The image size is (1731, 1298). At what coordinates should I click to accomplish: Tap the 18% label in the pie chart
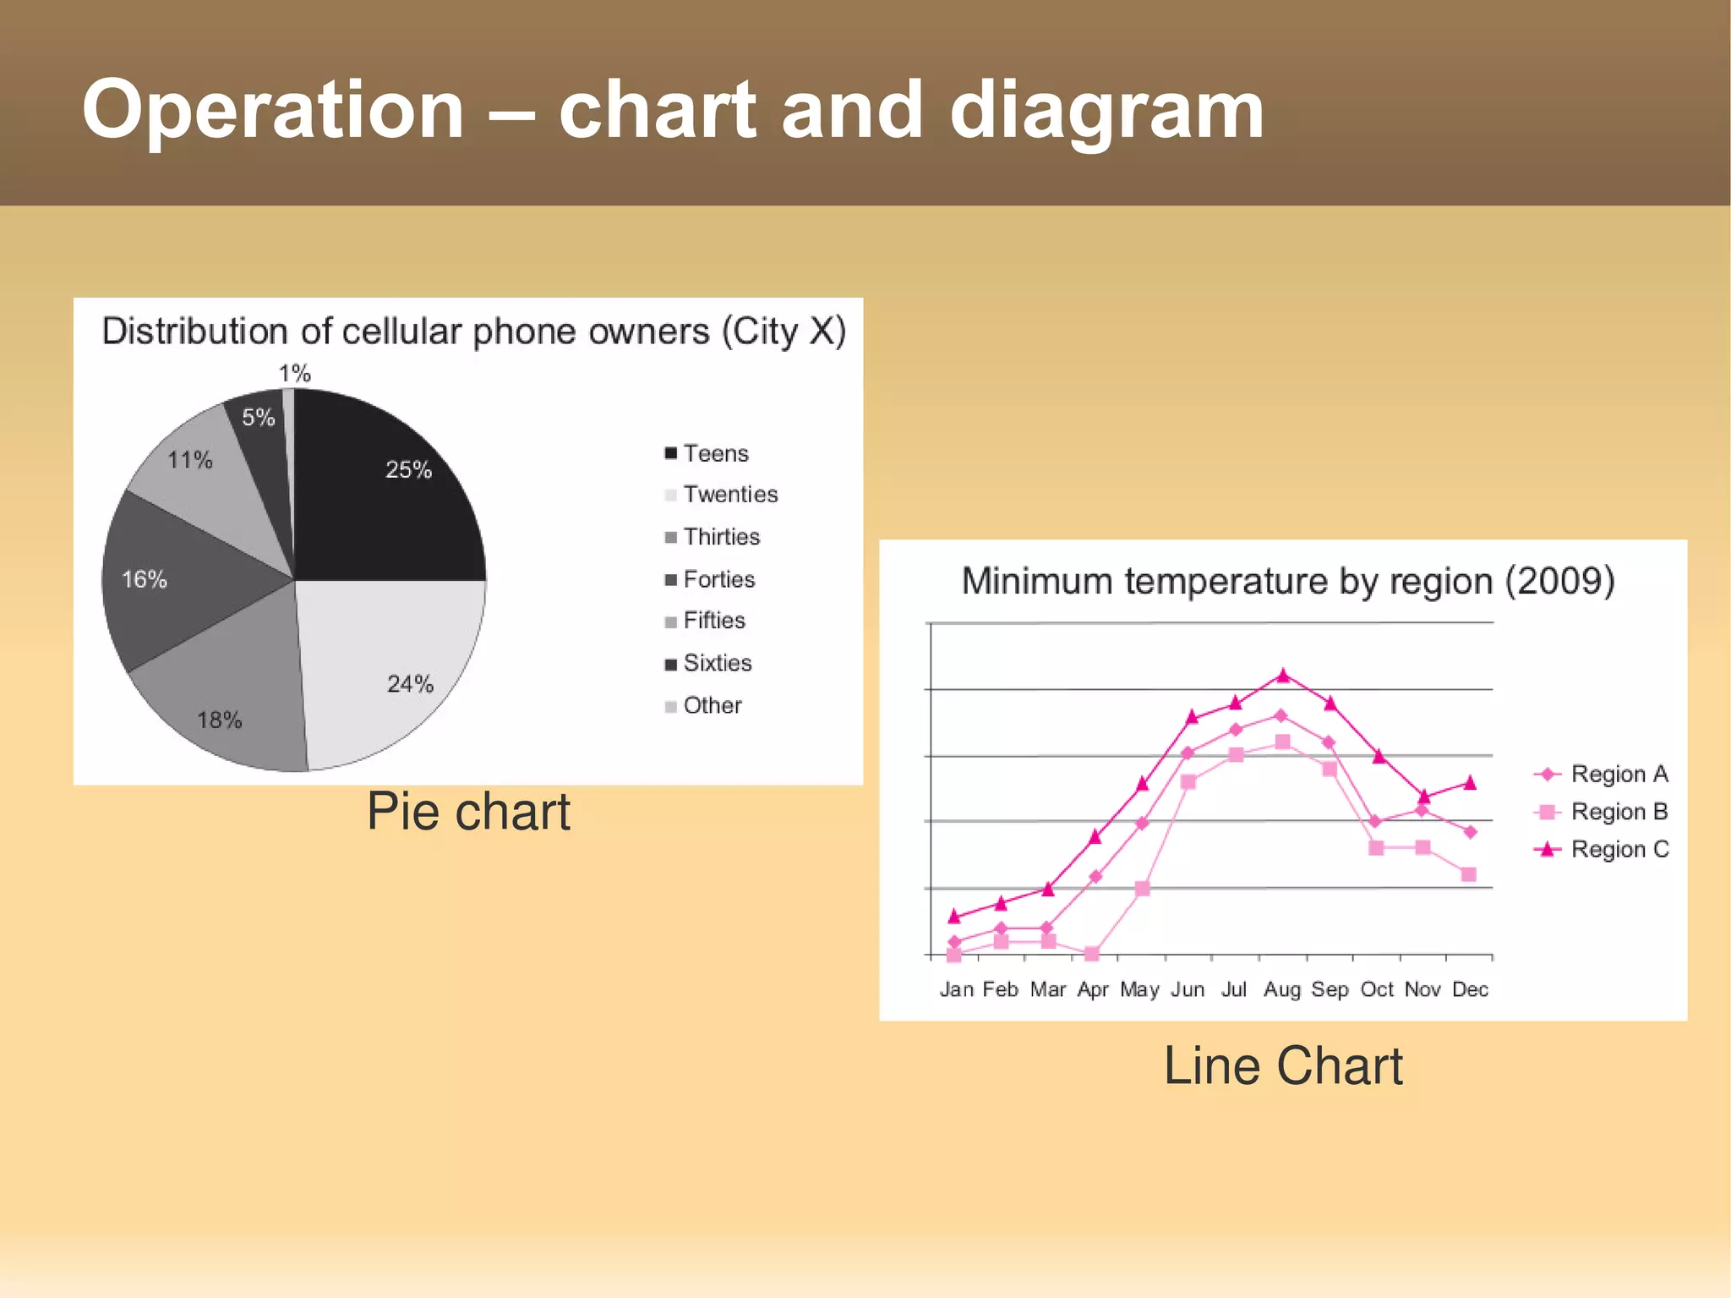[220, 720]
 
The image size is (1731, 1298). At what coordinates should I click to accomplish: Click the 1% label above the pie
[295, 373]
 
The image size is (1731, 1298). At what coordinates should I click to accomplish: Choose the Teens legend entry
[707, 453]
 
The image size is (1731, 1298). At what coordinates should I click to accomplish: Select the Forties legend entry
[710, 579]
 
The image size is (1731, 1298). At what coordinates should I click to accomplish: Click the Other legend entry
[703, 705]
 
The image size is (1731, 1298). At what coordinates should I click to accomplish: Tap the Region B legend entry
[1602, 812]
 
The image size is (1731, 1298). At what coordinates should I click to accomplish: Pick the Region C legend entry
[1602, 849]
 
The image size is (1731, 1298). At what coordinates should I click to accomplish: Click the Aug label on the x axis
[1282, 989]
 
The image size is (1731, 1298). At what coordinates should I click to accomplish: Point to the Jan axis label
[957, 989]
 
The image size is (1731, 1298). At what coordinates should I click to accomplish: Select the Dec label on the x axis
[1470, 989]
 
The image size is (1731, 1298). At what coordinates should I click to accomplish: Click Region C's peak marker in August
[1283, 675]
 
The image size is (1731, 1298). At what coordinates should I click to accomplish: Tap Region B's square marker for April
[1091, 954]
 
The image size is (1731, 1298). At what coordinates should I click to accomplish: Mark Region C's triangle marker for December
[1470, 783]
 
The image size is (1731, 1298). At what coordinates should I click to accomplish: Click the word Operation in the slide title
[273, 110]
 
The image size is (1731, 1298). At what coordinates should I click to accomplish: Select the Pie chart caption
[468, 812]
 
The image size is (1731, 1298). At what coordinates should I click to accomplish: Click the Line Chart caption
[1282, 1065]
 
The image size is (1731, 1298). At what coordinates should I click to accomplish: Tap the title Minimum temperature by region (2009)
[1288, 582]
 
